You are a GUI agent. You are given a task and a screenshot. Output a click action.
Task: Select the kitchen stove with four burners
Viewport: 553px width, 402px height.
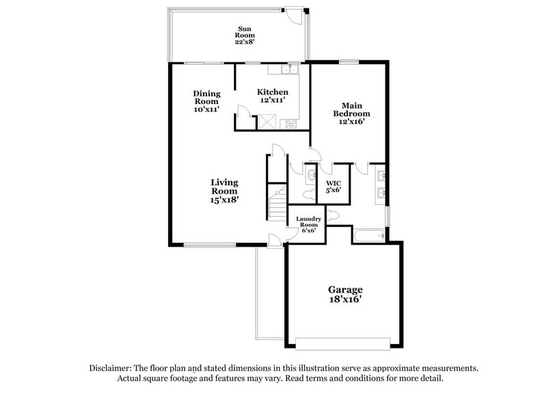coord(291,124)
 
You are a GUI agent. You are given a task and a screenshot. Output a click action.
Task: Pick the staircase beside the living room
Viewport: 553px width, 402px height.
coord(276,202)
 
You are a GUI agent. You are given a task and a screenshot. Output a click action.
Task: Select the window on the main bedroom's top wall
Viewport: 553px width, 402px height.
coord(348,63)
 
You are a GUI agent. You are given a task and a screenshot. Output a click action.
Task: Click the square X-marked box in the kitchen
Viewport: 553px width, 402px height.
coord(266,122)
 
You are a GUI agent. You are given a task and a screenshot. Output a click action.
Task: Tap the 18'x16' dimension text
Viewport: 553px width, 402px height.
coord(345,299)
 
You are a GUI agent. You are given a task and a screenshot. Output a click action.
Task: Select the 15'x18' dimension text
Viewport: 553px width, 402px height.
coord(224,200)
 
